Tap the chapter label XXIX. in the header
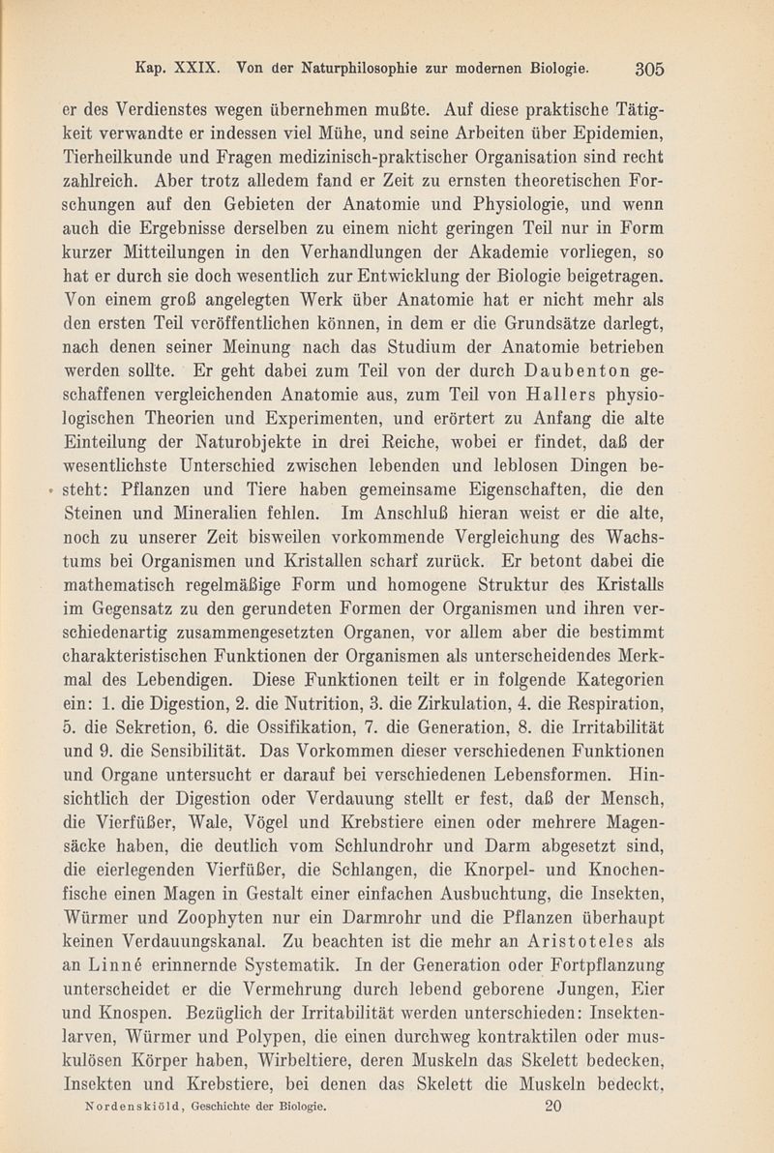200,68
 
